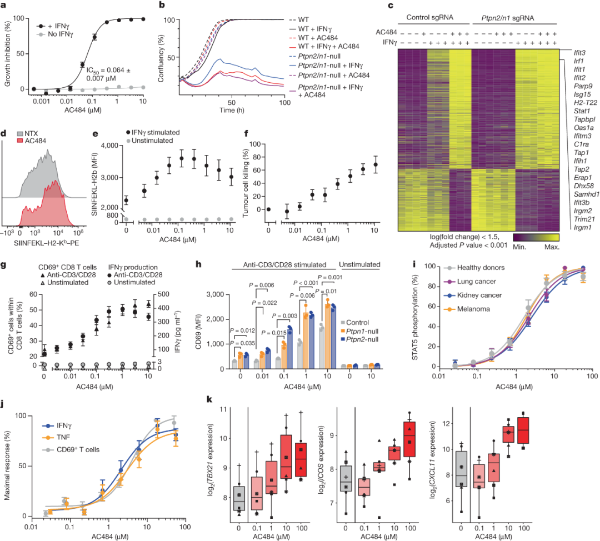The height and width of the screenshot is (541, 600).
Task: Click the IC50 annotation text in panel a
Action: click(109, 73)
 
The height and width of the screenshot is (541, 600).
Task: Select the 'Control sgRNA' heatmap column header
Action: click(429, 17)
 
